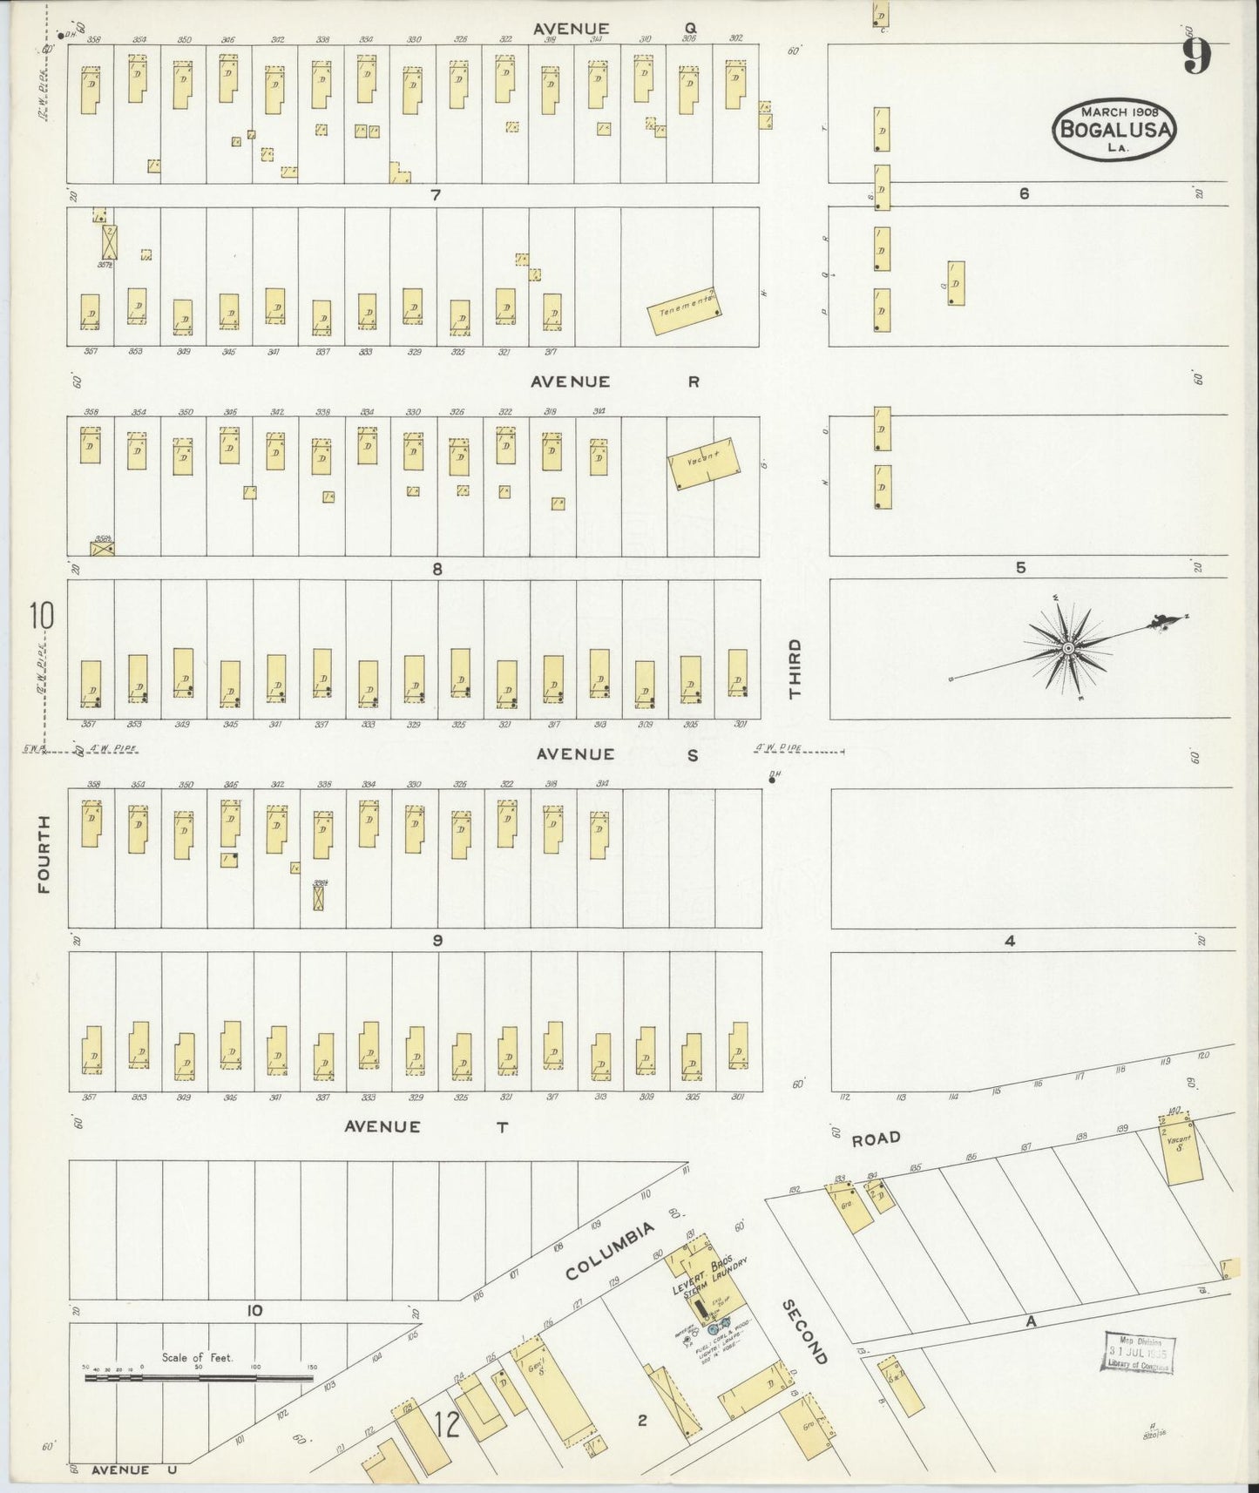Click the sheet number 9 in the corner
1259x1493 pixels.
pos(1196,57)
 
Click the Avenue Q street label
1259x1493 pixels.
pos(614,29)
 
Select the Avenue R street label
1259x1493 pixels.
pos(615,382)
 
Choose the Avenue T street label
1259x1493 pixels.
pos(426,1126)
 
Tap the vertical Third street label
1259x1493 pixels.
pos(794,668)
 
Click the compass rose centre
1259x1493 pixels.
pos(1067,649)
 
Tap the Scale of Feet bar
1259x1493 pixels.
pos(200,1378)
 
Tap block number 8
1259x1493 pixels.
pos(437,569)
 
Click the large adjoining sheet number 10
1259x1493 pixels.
pos(40,616)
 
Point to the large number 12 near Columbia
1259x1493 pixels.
pos(446,1426)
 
